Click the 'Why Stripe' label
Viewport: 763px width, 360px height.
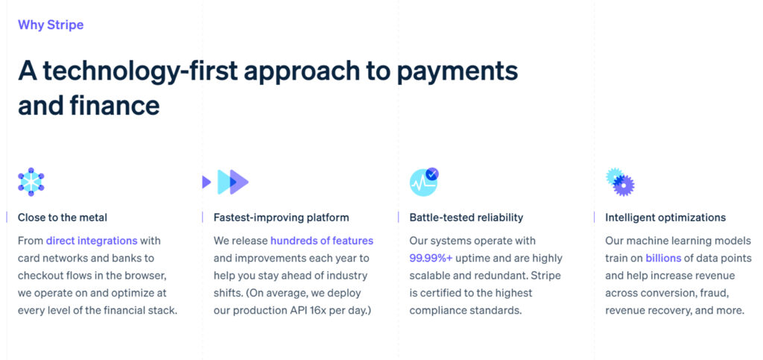51,25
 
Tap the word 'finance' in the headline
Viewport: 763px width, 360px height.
115,105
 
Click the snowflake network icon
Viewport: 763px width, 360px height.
31,181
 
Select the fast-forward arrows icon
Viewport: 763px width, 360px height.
226,181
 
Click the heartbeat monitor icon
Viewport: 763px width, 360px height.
423,182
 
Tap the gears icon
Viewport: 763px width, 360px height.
620,181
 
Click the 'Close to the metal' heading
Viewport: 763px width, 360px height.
63,218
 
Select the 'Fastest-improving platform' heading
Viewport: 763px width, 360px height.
281,218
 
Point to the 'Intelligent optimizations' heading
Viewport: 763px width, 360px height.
665,218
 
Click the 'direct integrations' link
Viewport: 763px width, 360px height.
92,241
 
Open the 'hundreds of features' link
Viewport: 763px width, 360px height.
322,241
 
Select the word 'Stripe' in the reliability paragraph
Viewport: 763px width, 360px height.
545,275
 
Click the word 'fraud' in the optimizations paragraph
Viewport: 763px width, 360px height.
715,292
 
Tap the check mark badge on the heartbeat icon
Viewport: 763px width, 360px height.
432,174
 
